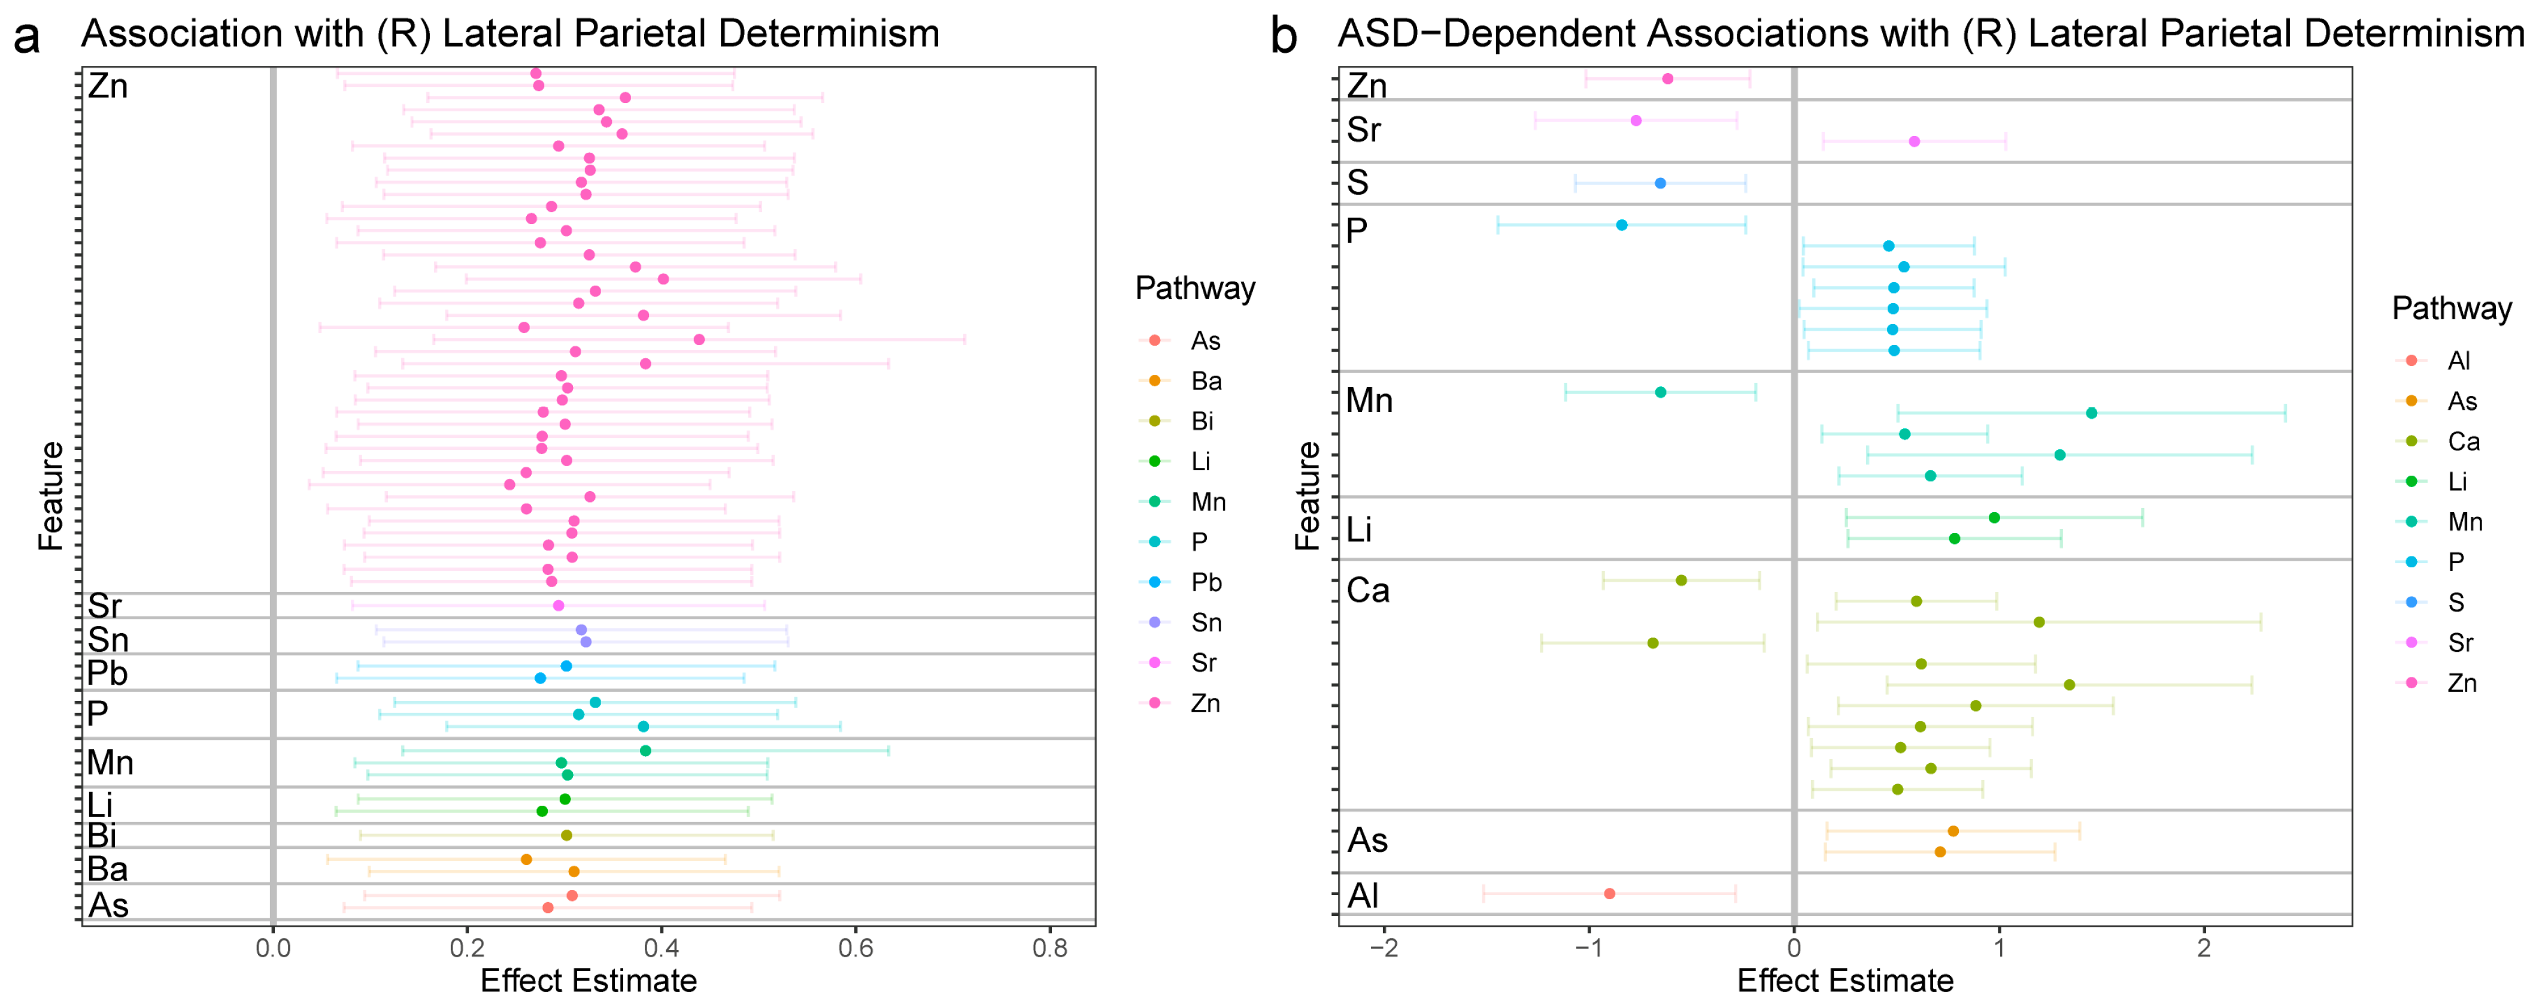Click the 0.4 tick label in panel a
coord(661,948)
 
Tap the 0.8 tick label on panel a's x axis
coord(1050,948)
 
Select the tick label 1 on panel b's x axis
coord(1998,948)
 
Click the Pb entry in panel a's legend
coord(1206,582)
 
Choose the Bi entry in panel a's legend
coord(1202,422)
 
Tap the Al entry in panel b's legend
coord(2458,361)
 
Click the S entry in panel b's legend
coord(2455,602)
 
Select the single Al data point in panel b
coord(1609,894)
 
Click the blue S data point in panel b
coord(1660,183)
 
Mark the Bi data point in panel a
coord(566,835)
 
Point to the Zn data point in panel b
coord(1668,78)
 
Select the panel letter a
coord(26,37)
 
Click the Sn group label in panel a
coord(108,640)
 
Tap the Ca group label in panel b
coord(1367,591)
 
